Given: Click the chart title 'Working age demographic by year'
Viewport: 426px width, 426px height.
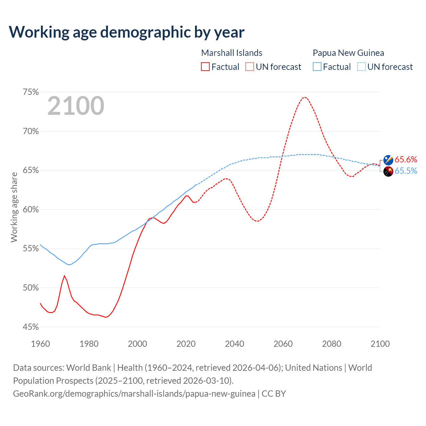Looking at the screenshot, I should click(126, 32).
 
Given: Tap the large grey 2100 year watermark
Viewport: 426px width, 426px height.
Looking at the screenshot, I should click(76, 106).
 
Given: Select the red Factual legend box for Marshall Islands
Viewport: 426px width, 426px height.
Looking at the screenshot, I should click(205, 67).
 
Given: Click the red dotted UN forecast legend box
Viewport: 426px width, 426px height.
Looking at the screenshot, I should click(250, 67).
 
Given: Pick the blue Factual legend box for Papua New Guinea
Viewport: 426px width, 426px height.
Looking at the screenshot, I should click(317, 67).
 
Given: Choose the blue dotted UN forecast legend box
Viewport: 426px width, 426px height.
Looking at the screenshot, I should click(361, 67).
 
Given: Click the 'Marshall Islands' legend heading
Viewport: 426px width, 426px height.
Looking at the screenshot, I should click(232, 53).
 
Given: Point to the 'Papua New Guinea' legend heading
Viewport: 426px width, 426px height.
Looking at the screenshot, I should click(348, 53).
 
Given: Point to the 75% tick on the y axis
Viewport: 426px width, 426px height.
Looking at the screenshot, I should click(31, 92).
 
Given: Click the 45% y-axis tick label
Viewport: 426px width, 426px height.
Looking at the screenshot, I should click(31, 327).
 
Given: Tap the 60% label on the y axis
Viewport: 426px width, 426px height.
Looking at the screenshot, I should click(31, 210).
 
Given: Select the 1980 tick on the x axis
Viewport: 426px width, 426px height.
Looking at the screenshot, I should click(89, 344).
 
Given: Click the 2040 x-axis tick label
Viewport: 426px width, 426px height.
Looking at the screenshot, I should click(235, 344).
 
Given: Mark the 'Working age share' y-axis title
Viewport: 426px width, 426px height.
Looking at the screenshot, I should click(14, 207).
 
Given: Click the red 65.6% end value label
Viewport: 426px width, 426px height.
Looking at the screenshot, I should click(406, 159).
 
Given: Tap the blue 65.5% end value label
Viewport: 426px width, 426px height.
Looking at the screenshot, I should click(406, 171).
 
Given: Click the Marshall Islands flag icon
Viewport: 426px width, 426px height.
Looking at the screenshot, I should click(388, 160).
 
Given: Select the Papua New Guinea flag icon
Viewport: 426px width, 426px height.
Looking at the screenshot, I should click(388, 171).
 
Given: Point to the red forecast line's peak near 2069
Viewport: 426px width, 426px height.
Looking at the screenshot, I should click(305, 97).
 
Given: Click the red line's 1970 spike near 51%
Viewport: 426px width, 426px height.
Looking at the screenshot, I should click(64, 276).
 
